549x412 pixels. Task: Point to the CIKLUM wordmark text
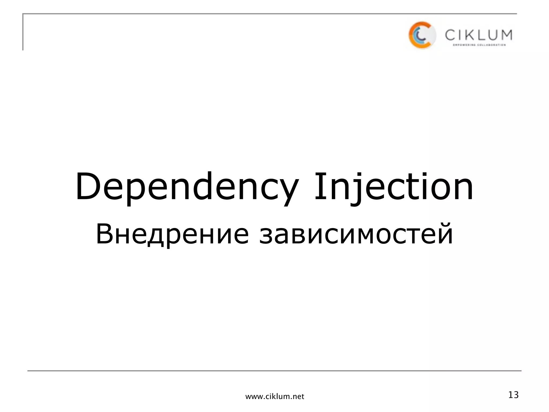478,35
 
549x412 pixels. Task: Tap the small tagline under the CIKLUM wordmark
479,45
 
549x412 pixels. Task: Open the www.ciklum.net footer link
275,396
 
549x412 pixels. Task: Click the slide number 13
513,395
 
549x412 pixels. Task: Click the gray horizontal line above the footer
274,371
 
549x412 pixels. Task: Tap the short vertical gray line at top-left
23,32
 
